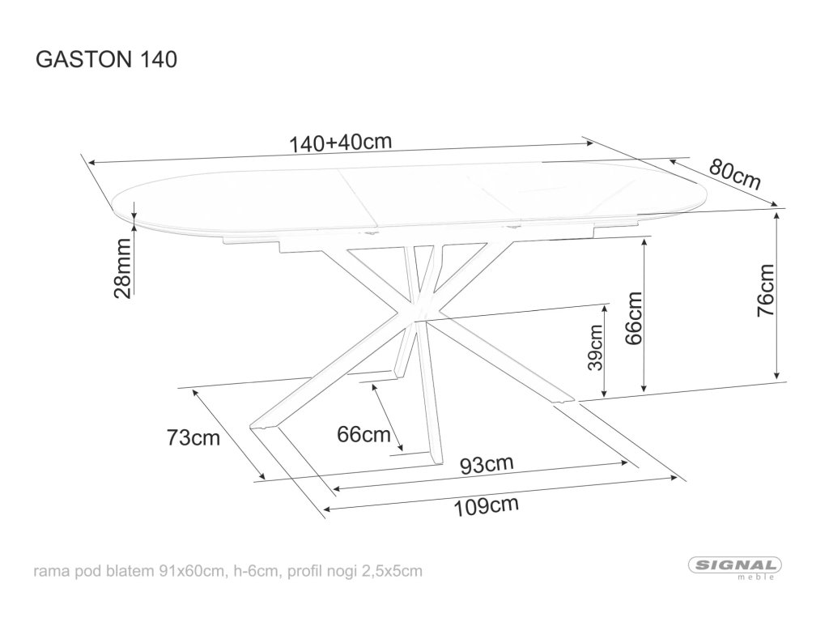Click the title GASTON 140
(103, 60)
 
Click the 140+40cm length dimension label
(340, 143)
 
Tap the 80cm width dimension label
(735, 173)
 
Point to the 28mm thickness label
(123, 269)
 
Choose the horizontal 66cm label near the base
(363, 435)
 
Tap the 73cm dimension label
(193, 438)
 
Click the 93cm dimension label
(487, 465)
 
